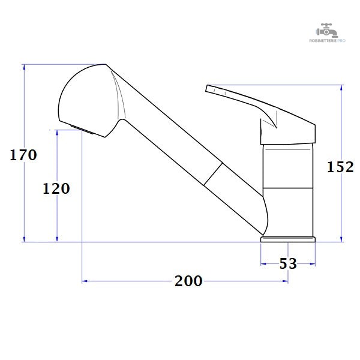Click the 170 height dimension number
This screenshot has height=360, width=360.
tap(23, 155)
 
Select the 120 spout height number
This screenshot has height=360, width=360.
tap(56, 188)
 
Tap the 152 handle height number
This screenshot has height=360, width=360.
tap(340, 167)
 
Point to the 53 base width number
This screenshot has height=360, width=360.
tap(288, 263)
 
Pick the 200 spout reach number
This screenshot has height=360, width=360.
tap(188, 281)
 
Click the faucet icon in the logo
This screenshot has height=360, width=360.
tap(327, 31)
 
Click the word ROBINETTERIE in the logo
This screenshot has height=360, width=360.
tap(323, 41)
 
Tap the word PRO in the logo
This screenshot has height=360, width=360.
tap(341, 41)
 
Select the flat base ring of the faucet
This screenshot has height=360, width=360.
tap(288, 239)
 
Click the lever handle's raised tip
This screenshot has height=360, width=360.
tap(208, 88)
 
